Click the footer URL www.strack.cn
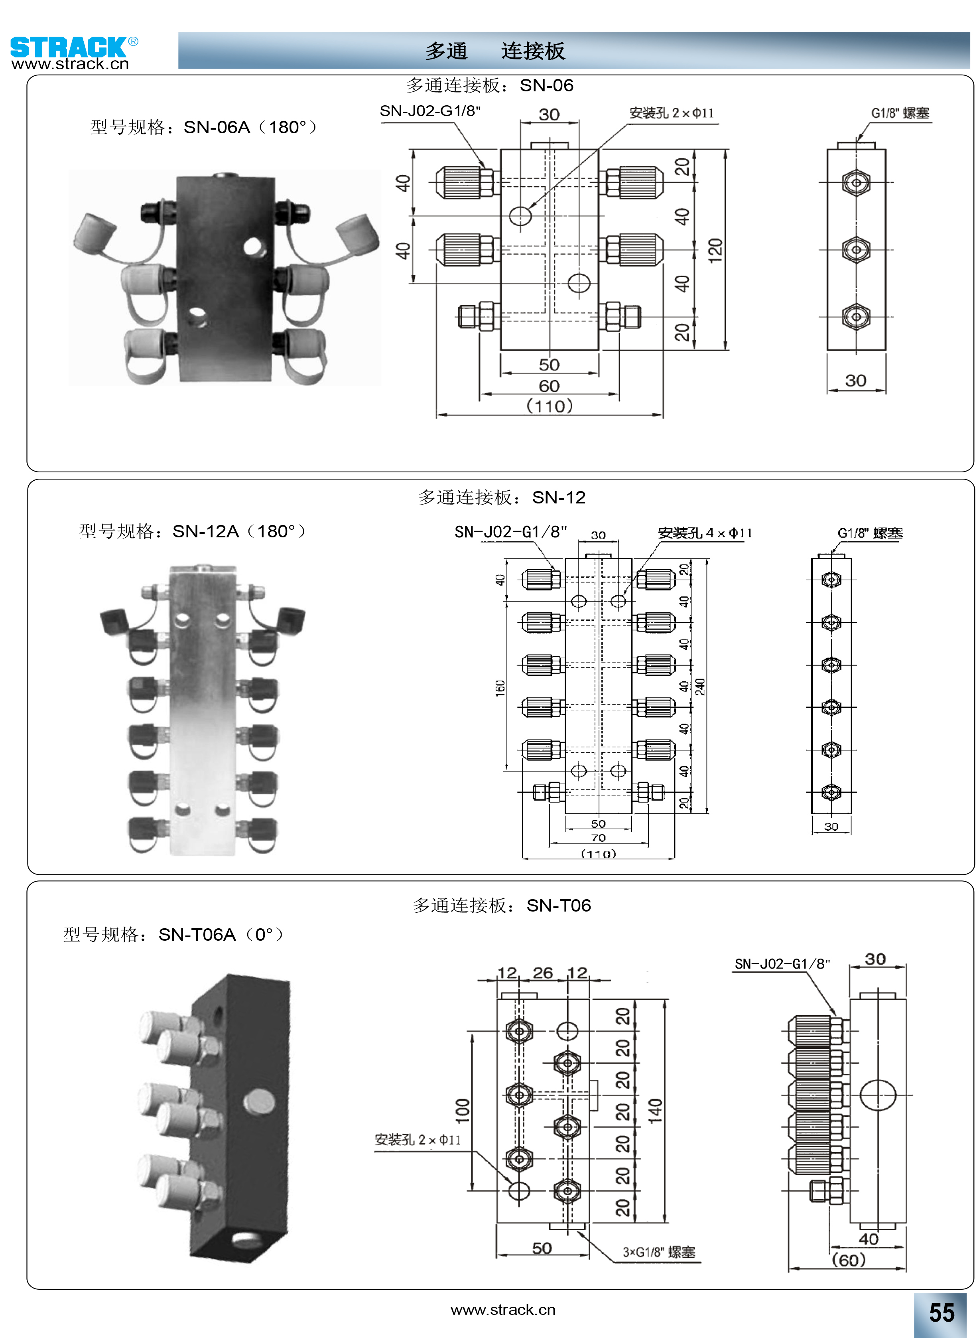[x=503, y=1310]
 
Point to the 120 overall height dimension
[x=715, y=250]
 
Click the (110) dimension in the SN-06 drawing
[x=550, y=406]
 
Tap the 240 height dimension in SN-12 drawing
[x=699, y=687]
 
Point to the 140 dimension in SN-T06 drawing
[x=655, y=1110]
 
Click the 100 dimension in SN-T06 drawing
[x=463, y=1110]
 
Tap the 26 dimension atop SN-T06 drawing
[x=542, y=973]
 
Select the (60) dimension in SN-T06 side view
[x=848, y=1259]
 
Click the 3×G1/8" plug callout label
[x=658, y=1252]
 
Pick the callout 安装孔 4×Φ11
[x=704, y=533]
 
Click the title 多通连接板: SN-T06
[x=502, y=905]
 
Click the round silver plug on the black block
[x=259, y=1100]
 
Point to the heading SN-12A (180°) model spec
[x=192, y=531]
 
